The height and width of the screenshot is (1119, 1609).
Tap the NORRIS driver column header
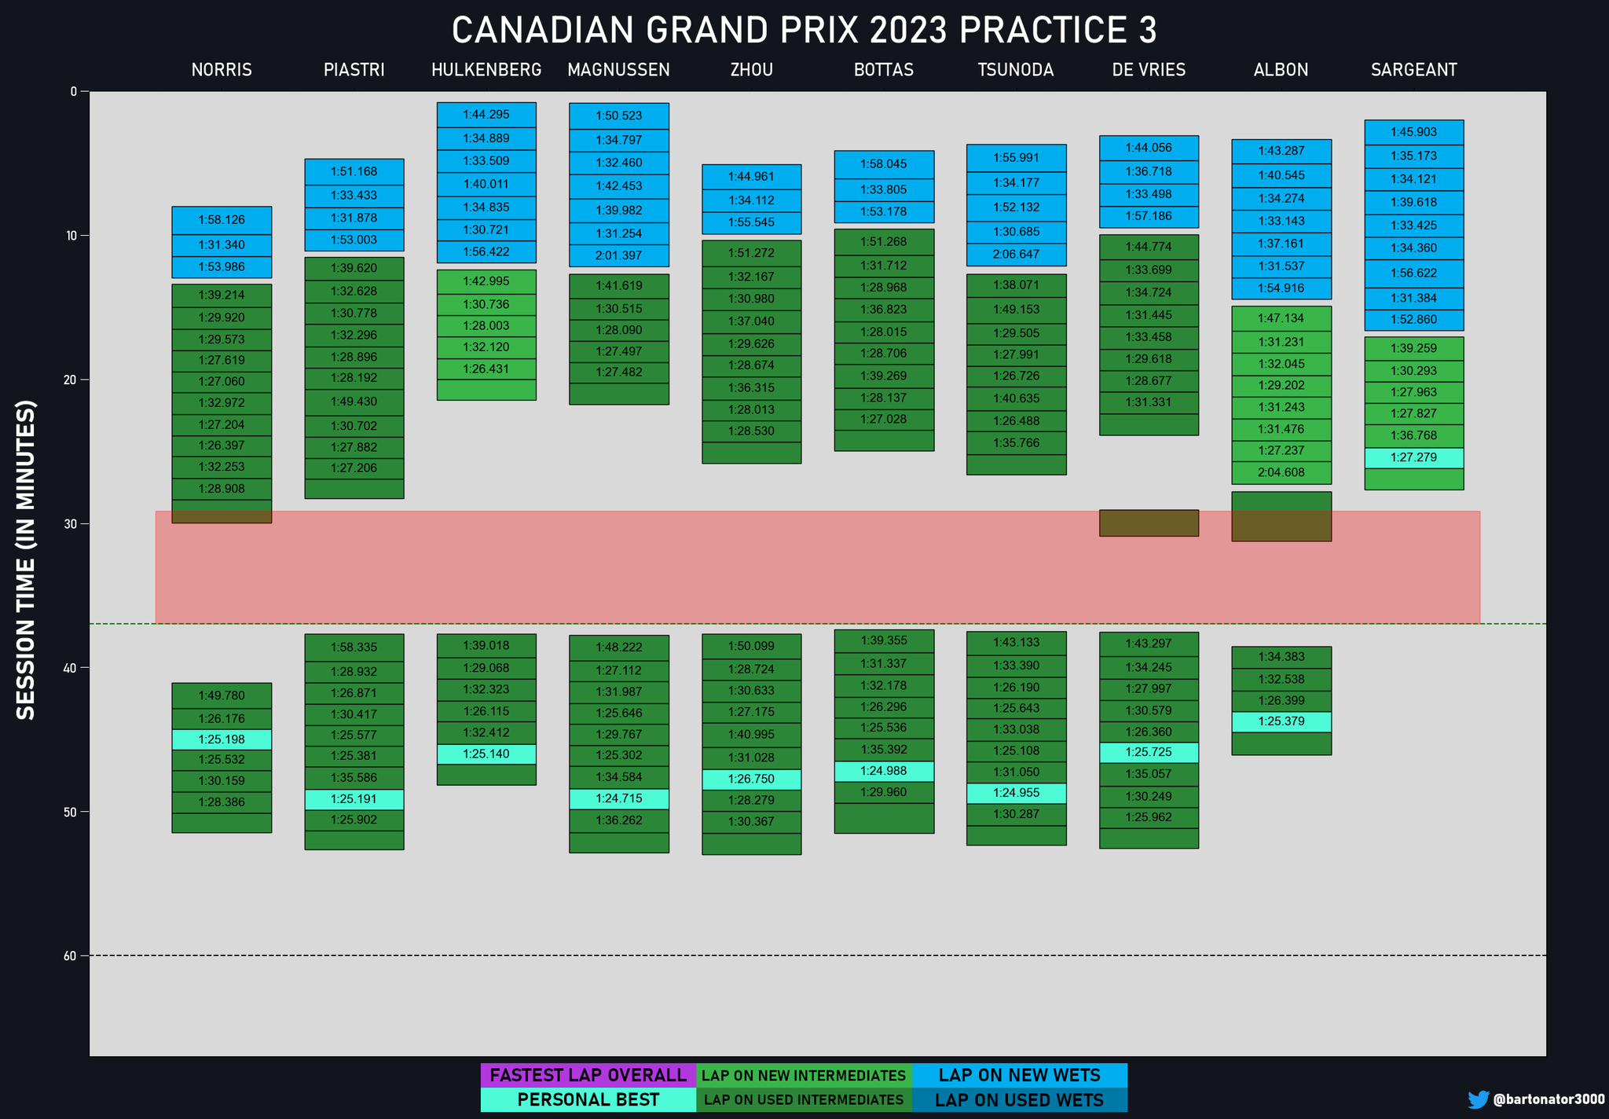point(222,70)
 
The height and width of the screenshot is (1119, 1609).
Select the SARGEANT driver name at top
point(1413,70)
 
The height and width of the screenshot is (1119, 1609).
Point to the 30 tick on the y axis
point(74,524)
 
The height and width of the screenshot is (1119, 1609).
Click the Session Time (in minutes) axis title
point(27,559)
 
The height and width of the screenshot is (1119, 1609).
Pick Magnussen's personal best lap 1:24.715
point(619,799)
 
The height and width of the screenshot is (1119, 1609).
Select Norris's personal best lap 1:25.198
point(222,739)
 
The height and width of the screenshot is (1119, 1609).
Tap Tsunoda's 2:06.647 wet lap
point(1016,255)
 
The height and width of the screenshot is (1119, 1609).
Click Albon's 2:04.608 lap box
point(1281,473)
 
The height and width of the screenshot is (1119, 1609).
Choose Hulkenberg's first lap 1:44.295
point(486,115)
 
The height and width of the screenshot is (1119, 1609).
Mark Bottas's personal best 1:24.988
point(884,771)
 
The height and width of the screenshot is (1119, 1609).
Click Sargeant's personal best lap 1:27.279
point(1413,457)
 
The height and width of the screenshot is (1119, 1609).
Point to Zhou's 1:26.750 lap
point(751,780)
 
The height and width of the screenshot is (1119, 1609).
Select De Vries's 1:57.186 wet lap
point(1149,216)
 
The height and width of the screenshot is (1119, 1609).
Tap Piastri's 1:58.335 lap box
point(354,648)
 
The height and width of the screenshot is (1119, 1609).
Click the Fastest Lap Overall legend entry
point(588,1076)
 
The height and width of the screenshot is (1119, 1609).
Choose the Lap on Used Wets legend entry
point(1019,1100)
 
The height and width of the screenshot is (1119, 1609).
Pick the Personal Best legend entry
point(588,1100)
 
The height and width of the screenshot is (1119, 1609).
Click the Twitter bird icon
point(1478,1099)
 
